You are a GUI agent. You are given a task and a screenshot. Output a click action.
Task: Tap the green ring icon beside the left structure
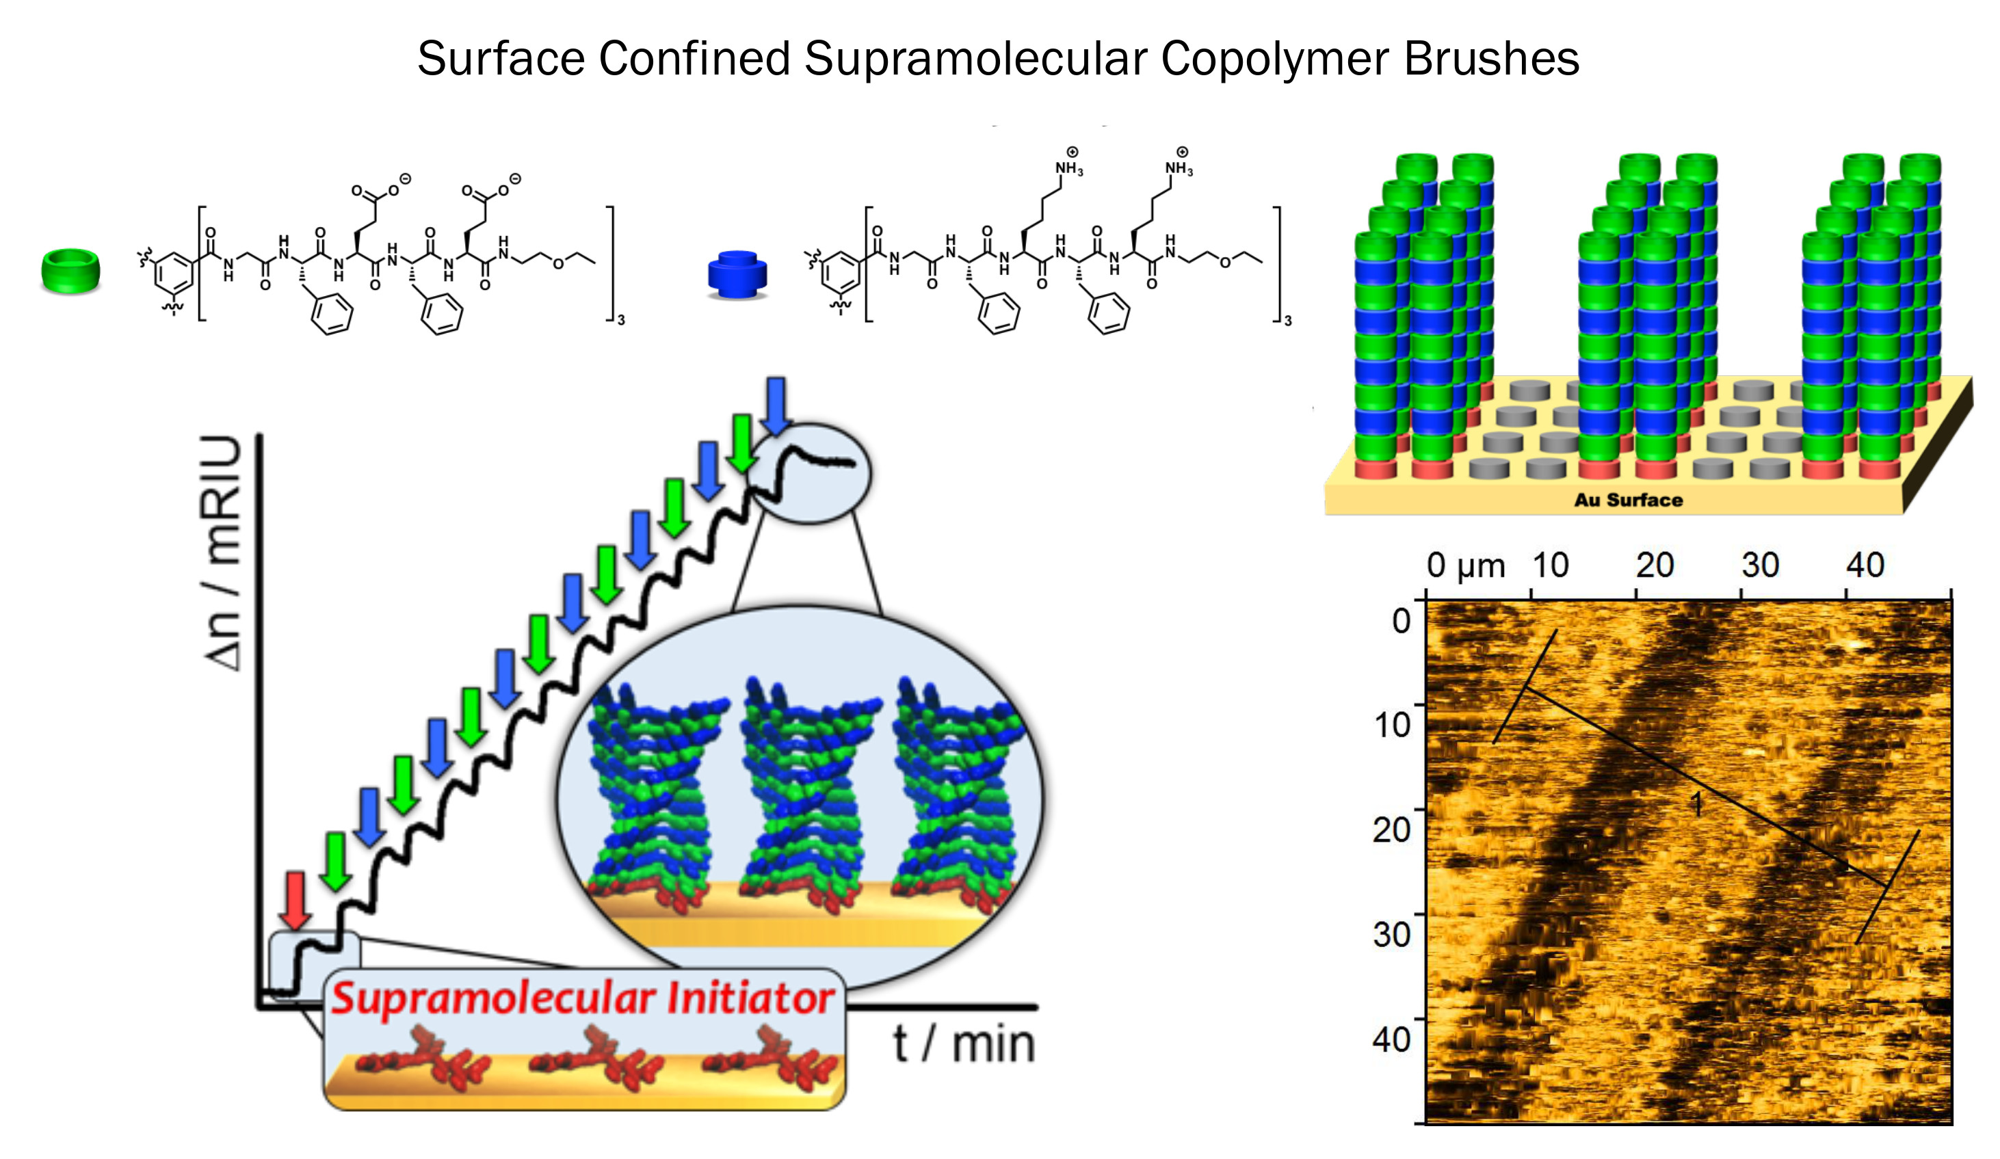(70, 271)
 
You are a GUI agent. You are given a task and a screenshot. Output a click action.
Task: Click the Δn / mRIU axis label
(223, 553)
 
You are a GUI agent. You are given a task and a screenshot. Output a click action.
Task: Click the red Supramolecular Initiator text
(583, 998)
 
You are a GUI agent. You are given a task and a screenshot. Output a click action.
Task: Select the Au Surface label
(1629, 500)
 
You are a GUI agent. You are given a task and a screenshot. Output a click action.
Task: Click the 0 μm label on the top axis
(1465, 565)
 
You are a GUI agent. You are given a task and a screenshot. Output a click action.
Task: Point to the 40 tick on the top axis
(1865, 565)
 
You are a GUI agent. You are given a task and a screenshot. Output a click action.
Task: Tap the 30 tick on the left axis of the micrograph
(1392, 935)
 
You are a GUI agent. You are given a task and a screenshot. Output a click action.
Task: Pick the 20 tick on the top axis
(1655, 565)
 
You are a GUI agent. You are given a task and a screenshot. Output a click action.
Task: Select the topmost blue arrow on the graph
(776, 405)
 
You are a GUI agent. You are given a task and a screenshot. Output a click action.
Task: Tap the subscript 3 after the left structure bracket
(622, 321)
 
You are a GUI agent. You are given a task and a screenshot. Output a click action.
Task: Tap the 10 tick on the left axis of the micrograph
(1392, 725)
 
